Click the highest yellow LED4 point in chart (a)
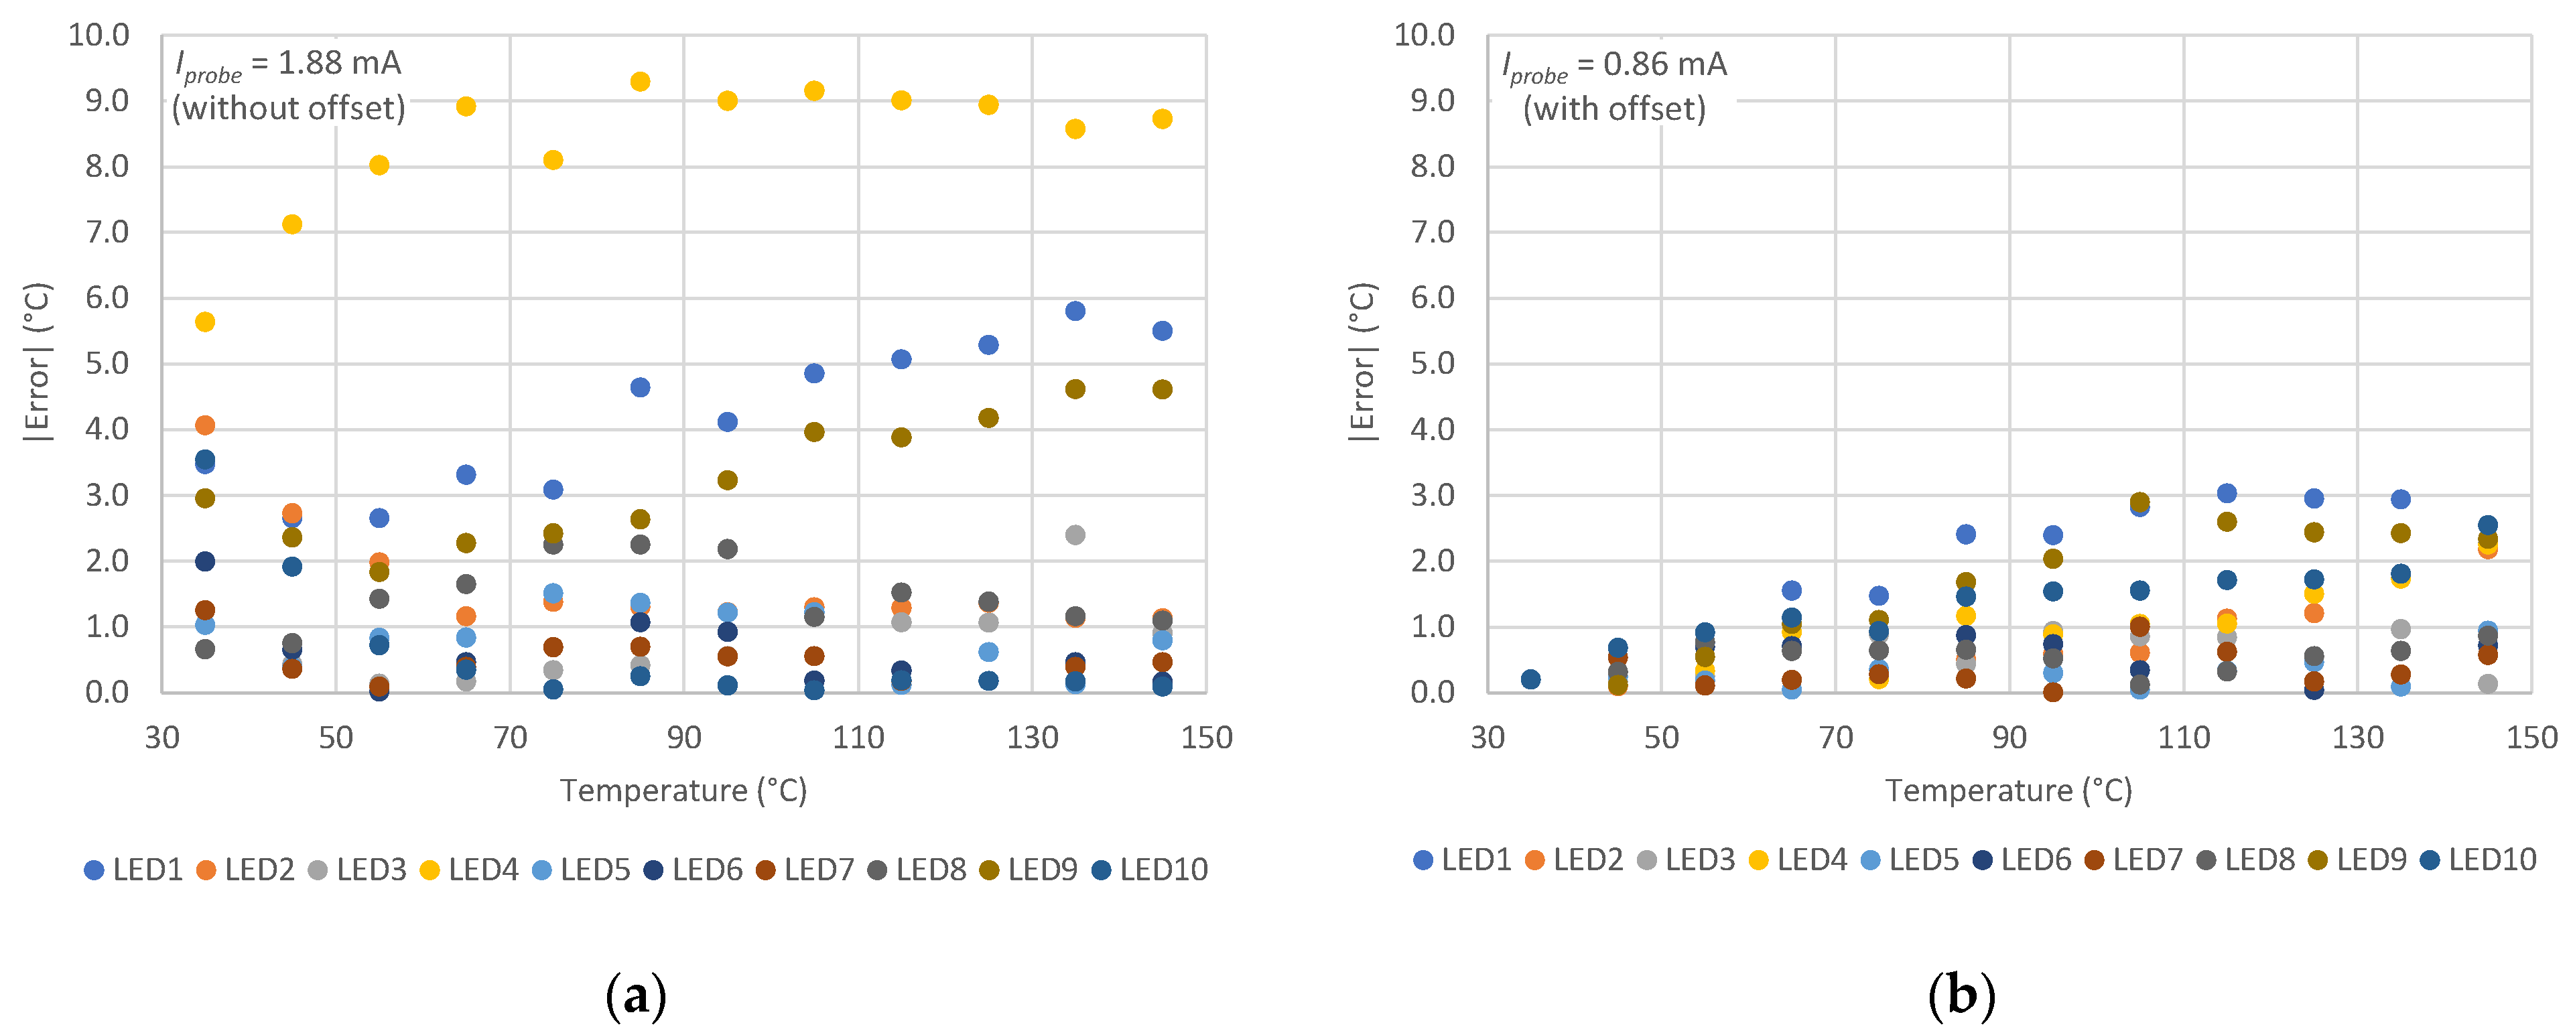[641, 82]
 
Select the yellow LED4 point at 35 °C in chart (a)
[205, 322]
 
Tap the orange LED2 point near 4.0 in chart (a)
[205, 425]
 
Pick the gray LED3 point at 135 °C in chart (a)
[1075, 535]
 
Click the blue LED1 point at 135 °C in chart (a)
[1075, 312]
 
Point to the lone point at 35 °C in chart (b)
[1530, 679]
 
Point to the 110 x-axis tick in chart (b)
[2184, 738]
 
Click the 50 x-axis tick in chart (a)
[336, 738]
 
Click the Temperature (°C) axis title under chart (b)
[2009, 791]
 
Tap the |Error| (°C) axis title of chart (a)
[37, 362]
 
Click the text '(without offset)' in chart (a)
[289, 108]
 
